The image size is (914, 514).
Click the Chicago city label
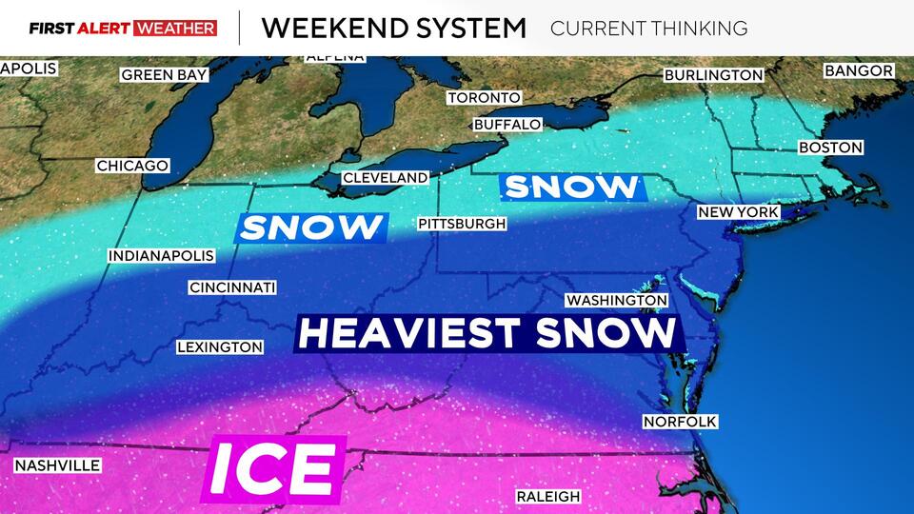[132, 166]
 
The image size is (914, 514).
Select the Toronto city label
[485, 98]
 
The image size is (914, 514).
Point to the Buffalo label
[507, 125]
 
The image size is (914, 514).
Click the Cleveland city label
[386, 178]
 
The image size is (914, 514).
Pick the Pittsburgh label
[462, 224]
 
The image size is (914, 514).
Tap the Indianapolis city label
[161, 256]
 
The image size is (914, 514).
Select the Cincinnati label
[232, 287]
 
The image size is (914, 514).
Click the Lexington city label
[220, 347]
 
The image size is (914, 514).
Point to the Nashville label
[57, 465]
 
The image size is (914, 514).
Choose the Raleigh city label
[548, 496]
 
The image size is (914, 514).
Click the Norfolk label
[680, 422]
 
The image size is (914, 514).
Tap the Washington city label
[617, 300]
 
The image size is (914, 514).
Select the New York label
[739, 212]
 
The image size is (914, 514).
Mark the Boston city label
[831, 148]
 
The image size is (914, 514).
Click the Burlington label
[714, 75]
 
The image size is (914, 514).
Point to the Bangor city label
[859, 70]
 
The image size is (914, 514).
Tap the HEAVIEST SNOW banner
[487, 333]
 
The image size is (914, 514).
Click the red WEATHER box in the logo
[176, 28]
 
